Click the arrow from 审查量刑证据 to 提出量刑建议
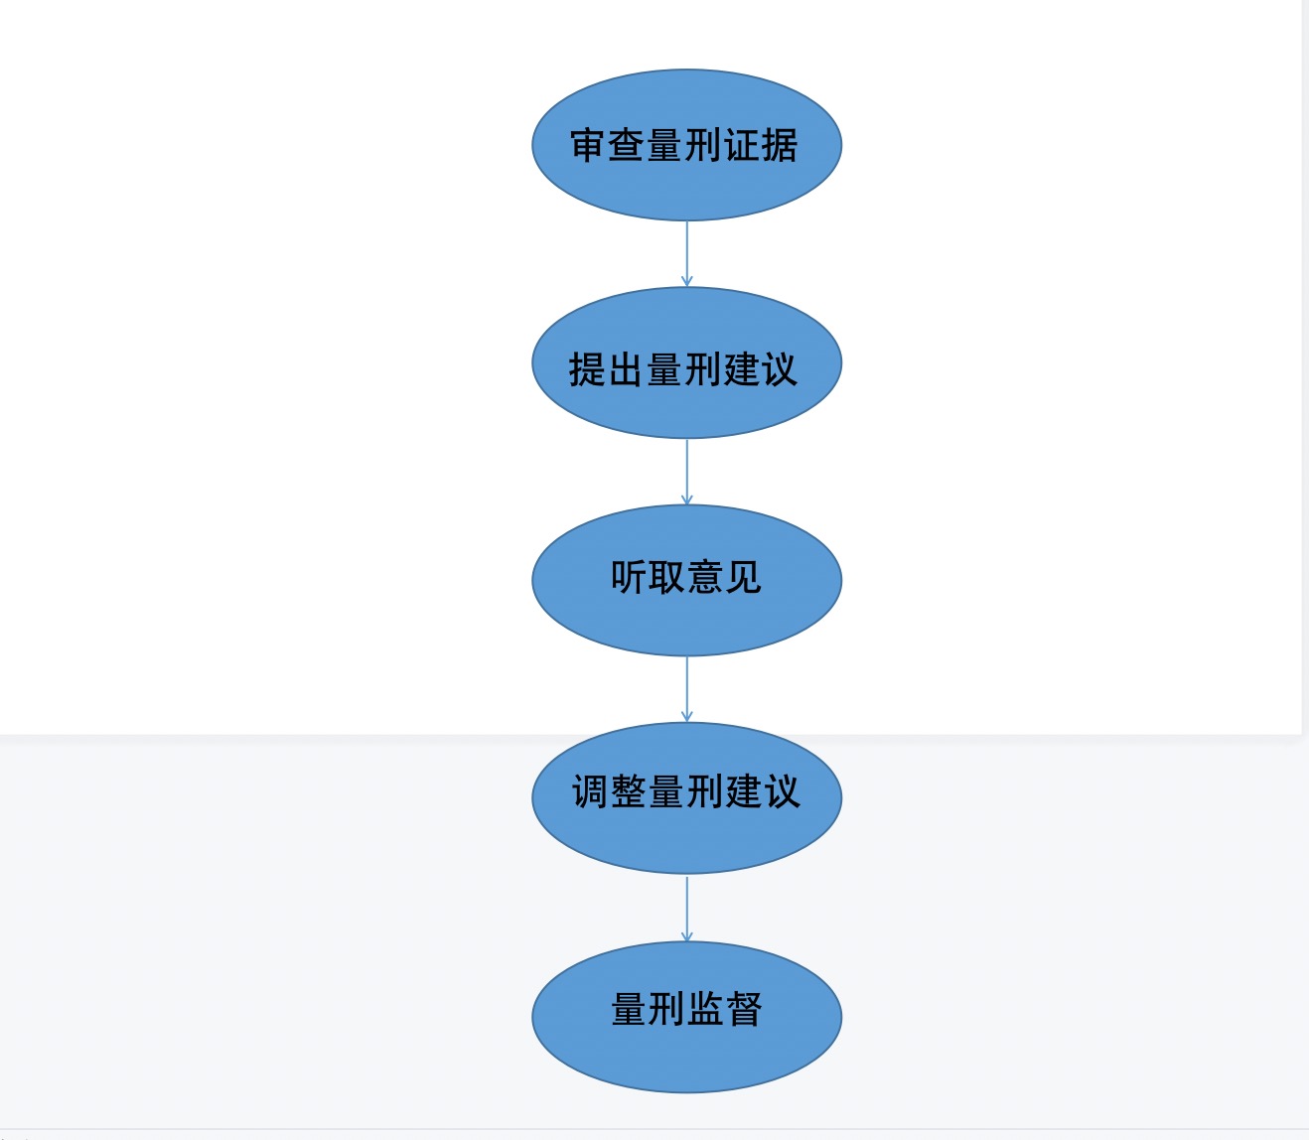point(686,254)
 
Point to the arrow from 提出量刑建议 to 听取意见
point(686,472)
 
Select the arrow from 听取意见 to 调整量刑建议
point(686,689)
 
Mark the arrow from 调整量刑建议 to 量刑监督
point(686,908)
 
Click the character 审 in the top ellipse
point(589,145)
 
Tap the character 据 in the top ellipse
point(780,145)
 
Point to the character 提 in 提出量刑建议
point(588,369)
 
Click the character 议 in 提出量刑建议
point(780,369)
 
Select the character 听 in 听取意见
point(629,577)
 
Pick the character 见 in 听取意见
point(743,577)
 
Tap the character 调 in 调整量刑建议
point(591,792)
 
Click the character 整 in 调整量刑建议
point(629,792)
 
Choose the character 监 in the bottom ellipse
point(705,1009)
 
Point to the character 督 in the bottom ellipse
point(744,1009)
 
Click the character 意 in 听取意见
point(705,577)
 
